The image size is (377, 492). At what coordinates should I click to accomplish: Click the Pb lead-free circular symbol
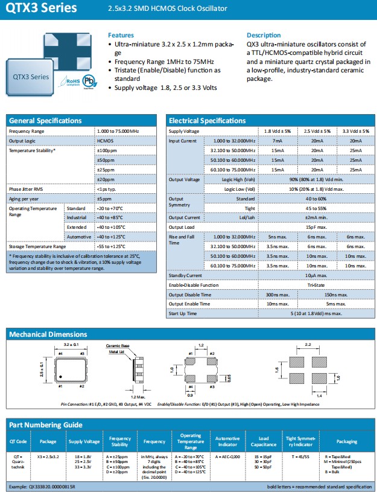pos(90,81)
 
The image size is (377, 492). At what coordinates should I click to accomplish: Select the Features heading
pos(121,35)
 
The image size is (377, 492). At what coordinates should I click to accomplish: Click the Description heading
pos(264,35)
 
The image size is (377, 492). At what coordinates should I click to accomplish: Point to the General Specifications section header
pos(45,121)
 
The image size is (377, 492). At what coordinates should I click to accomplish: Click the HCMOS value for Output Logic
pos(105,141)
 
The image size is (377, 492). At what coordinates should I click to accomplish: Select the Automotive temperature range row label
pos(78,237)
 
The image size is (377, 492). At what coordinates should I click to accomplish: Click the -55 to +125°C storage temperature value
pos(111,246)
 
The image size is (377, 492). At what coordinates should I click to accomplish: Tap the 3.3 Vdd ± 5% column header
pos(354,131)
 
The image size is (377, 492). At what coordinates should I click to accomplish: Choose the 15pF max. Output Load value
pos(316,227)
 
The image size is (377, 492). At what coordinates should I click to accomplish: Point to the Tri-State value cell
pos(316,285)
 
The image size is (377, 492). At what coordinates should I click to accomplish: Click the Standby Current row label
pos(185,275)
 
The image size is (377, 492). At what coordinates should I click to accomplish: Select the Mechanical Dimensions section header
pos(48,334)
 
